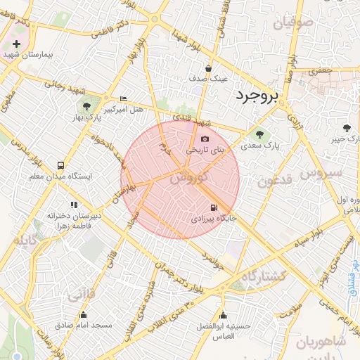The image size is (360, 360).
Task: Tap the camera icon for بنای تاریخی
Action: click(x=205, y=139)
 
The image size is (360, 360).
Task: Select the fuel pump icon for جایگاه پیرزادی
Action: click(x=213, y=207)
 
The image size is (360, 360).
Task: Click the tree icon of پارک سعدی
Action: click(x=260, y=134)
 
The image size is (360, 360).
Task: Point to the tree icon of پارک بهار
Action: click(x=86, y=106)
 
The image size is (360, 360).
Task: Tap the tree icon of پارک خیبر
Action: click(x=346, y=128)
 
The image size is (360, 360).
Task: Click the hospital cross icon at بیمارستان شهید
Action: click(x=16, y=44)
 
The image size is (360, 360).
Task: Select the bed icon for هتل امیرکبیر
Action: click(x=124, y=98)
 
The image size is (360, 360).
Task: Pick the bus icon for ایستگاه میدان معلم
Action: click(x=60, y=166)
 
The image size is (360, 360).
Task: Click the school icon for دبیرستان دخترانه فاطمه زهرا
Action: click(x=74, y=205)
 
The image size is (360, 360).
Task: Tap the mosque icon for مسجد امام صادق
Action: click(x=83, y=315)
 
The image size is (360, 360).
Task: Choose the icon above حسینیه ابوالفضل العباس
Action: click(x=224, y=315)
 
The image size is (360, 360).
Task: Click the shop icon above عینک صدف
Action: click(x=209, y=68)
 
